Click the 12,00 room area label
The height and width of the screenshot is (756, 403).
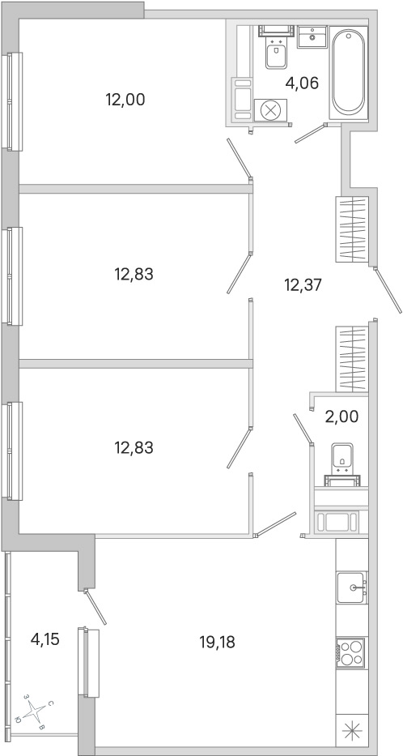click(x=125, y=100)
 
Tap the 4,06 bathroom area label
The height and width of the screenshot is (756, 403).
click(x=302, y=83)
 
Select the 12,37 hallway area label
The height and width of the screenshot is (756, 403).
click(x=303, y=285)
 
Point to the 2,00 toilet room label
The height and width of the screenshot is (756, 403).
click(x=341, y=416)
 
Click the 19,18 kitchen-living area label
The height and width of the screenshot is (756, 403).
click(x=217, y=642)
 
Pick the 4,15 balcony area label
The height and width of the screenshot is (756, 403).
click(x=45, y=640)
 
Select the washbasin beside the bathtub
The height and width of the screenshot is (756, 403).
click(x=312, y=36)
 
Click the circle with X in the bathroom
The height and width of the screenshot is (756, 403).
click(x=270, y=110)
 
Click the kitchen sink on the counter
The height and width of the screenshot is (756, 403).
click(x=352, y=587)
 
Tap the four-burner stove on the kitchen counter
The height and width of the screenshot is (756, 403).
click(x=352, y=652)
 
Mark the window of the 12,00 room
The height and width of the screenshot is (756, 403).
click(x=12, y=101)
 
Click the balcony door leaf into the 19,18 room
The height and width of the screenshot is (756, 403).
click(x=95, y=607)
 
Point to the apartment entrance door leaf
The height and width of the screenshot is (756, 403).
click(x=387, y=291)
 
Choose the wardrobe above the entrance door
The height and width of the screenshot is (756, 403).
click(x=352, y=229)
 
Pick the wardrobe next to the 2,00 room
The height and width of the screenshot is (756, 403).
click(x=352, y=359)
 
